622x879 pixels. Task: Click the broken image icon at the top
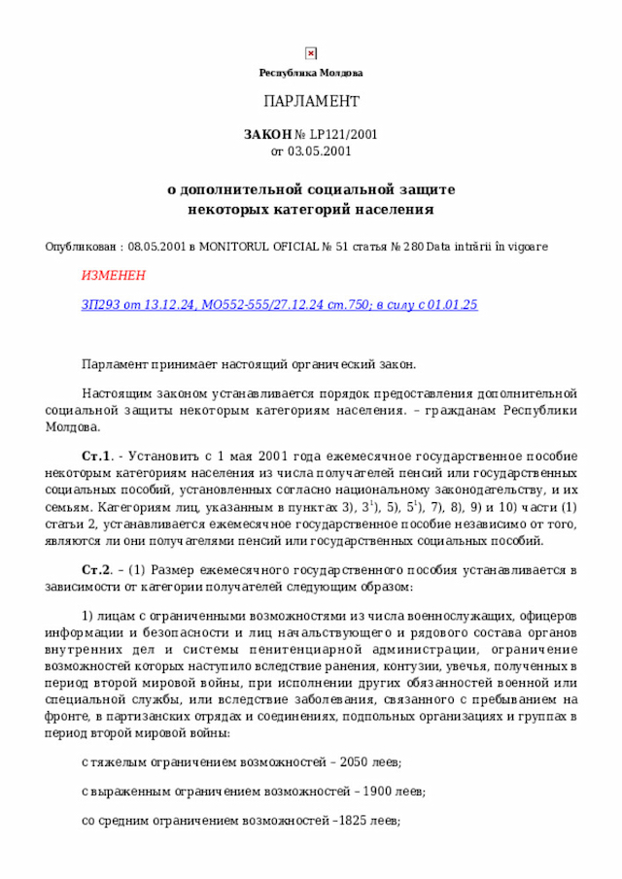311,53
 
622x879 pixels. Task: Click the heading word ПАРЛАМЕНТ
311,102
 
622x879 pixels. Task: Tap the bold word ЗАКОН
267,135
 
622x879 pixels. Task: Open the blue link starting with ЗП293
279,305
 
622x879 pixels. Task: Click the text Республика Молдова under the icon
311,74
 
